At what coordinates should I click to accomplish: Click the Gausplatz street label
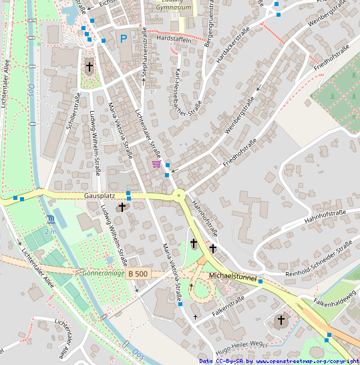point(100,196)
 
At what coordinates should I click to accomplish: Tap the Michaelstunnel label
point(232,275)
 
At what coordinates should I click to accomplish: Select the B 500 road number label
point(138,273)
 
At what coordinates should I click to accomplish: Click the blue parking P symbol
point(123,39)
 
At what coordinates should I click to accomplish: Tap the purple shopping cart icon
point(156,164)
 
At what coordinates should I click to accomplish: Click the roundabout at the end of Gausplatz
point(178,196)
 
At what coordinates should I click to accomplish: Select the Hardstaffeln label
point(173,39)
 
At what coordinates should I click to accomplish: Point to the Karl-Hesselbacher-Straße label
point(188,92)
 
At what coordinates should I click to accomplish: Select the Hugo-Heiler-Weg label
point(237,347)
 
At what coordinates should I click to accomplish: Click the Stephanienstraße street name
point(144,55)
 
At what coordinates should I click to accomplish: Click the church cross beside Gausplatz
point(122,208)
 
